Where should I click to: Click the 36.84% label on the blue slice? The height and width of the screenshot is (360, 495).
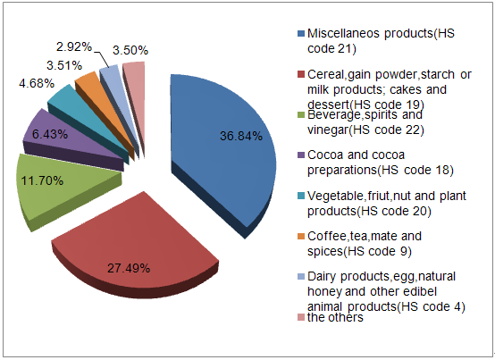(241, 136)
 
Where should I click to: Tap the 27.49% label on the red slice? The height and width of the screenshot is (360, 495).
(129, 268)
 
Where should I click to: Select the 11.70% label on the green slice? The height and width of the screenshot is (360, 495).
(42, 180)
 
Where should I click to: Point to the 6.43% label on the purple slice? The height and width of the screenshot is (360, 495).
(50, 134)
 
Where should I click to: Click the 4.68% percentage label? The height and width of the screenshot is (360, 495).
(37, 84)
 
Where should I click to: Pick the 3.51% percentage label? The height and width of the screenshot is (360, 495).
(64, 65)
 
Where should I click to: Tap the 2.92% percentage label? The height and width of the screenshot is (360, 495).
(74, 47)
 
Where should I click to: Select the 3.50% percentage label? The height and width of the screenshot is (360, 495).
(130, 50)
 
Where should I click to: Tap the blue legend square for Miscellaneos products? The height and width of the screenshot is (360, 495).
(301, 33)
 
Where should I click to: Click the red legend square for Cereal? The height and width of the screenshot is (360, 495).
(301, 74)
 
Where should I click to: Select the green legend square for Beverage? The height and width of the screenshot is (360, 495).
(301, 115)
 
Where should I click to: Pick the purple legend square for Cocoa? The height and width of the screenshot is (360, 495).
(301, 155)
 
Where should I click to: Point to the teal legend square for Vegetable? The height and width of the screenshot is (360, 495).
(301, 196)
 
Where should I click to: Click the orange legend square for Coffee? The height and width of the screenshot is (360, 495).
(301, 237)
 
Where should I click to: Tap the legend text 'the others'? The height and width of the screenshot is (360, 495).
(335, 317)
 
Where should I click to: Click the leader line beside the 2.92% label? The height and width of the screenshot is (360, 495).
(102, 58)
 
